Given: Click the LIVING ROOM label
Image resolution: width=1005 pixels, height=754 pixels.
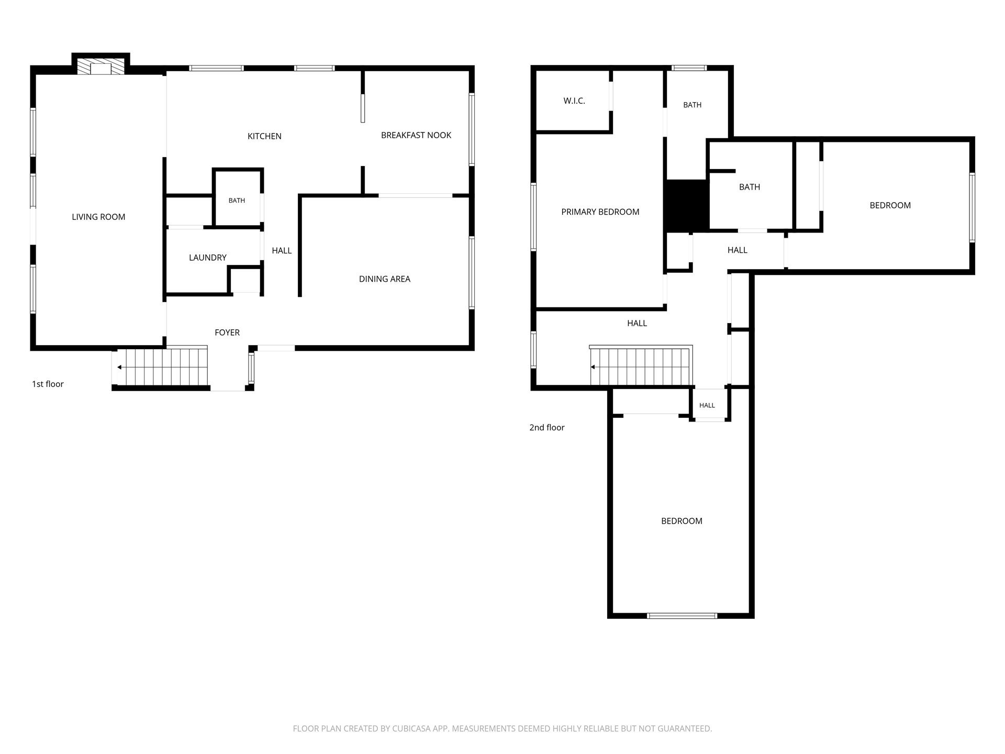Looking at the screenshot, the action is [98, 217].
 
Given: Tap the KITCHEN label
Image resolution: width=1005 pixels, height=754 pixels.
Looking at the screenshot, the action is [264, 136].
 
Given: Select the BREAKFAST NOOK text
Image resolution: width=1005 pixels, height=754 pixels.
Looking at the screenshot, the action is [416, 135].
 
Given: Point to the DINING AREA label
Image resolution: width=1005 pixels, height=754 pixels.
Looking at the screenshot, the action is [385, 279].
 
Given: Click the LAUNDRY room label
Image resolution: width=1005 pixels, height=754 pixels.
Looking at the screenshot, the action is [208, 258].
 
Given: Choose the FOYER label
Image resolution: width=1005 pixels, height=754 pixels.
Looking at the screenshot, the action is [227, 332].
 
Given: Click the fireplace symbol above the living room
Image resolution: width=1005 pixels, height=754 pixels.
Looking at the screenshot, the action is [101, 66].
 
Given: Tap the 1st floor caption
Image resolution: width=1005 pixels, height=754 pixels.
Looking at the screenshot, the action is [48, 384].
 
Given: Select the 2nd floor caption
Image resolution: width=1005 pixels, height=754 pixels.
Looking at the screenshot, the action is [547, 427].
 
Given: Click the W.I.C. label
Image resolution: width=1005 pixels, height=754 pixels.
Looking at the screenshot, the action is [574, 101].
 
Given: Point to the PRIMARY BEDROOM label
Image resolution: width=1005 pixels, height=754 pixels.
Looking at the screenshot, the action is [600, 212].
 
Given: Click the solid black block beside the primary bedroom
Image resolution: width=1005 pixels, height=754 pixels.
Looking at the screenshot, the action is [687, 206].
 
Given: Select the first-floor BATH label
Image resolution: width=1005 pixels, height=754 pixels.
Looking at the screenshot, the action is [237, 201].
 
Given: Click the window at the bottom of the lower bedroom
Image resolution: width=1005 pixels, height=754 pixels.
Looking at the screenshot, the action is [682, 616].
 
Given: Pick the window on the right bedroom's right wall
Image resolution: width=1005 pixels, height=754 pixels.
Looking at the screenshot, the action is [972, 207].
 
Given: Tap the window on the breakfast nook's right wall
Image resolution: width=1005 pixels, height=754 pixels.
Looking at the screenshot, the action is [472, 129].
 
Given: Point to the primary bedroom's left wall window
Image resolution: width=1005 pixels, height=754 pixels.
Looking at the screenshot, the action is [533, 216].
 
